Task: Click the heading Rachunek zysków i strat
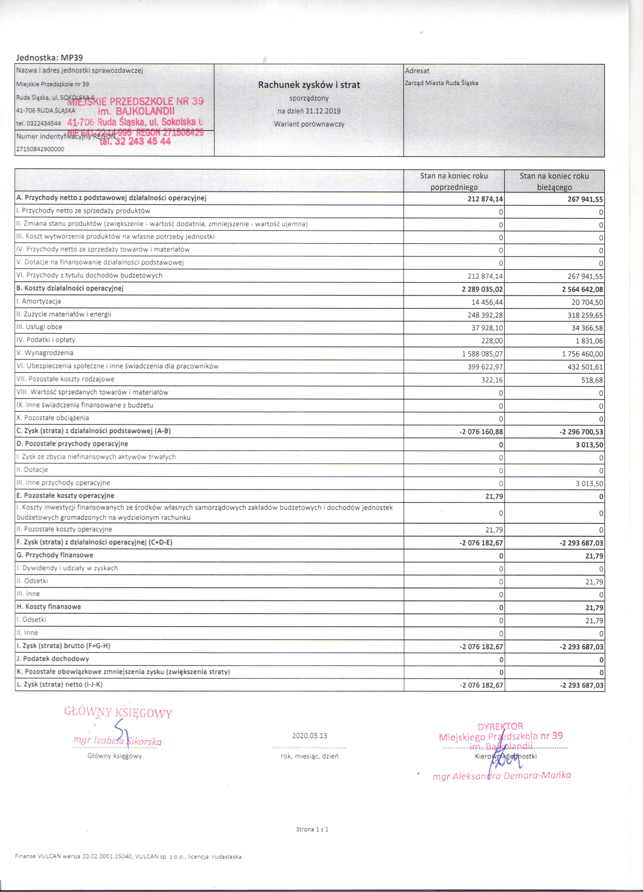[x=309, y=84]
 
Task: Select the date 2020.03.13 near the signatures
[x=310, y=736]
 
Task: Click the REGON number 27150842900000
[x=40, y=149]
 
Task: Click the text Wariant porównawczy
[x=309, y=124]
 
